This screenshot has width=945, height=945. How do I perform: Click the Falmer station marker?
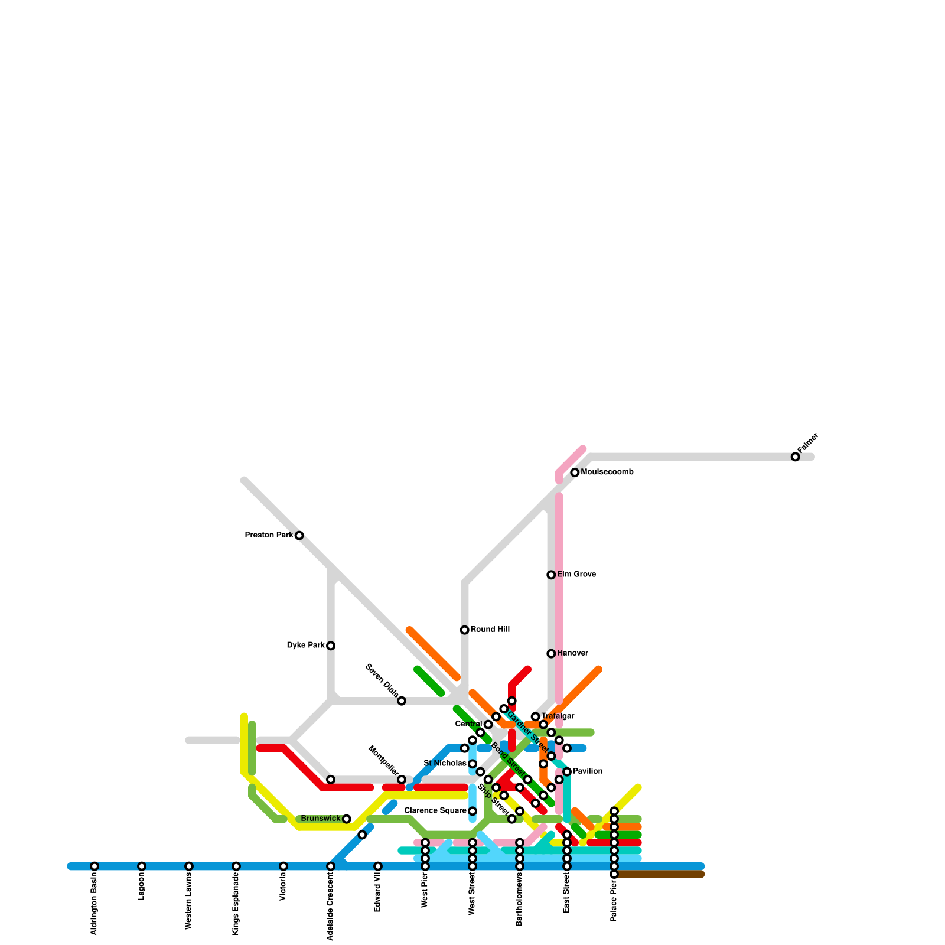(x=795, y=457)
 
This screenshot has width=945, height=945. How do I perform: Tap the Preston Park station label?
(x=269, y=535)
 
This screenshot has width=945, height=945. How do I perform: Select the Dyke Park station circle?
(x=331, y=646)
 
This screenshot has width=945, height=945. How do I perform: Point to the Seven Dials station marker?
(x=402, y=701)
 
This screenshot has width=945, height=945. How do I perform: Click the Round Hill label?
(x=490, y=630)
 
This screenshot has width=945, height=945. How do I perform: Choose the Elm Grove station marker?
(x=551, y=575)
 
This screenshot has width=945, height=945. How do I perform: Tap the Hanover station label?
(x=572, y=653)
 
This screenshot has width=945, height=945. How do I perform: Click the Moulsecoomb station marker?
(x=575, y=472)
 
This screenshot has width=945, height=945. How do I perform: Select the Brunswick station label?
(x=321, y=819)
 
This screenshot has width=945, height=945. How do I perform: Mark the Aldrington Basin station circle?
(x=94, y=866)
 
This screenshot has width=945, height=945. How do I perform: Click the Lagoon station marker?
(x=142, y=866)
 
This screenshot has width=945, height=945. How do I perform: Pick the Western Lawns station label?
(x=189, y=904)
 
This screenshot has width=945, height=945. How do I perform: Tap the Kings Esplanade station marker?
(x=236, y=866)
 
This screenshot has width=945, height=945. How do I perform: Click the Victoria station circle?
(x=283, y=866)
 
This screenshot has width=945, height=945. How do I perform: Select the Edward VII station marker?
(x=378, y=866)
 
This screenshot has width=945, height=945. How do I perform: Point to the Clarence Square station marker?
(x=472, y=811)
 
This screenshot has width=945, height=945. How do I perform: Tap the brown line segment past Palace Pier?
(x=661, y=874)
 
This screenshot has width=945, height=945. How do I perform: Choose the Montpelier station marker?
(x=402, y=780)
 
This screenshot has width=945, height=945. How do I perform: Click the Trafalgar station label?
(x=558, y=716)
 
